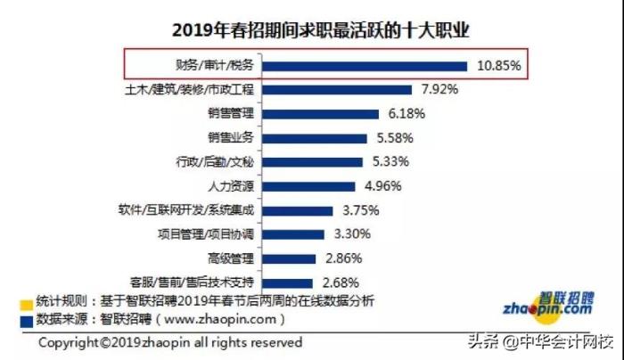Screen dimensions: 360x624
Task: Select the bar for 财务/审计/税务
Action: tap(365, 66)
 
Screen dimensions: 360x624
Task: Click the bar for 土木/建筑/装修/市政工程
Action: tap(338, 90)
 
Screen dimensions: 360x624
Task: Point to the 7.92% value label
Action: tap(439, 90)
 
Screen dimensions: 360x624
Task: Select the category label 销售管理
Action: tap(231, 114)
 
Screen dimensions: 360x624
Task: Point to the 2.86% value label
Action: tap(343, 259)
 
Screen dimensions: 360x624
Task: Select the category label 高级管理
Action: tap(231, 259)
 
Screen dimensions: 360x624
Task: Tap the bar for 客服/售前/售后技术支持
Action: tap(287, 283)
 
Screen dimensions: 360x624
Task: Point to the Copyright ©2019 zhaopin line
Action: tap(169, 342)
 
